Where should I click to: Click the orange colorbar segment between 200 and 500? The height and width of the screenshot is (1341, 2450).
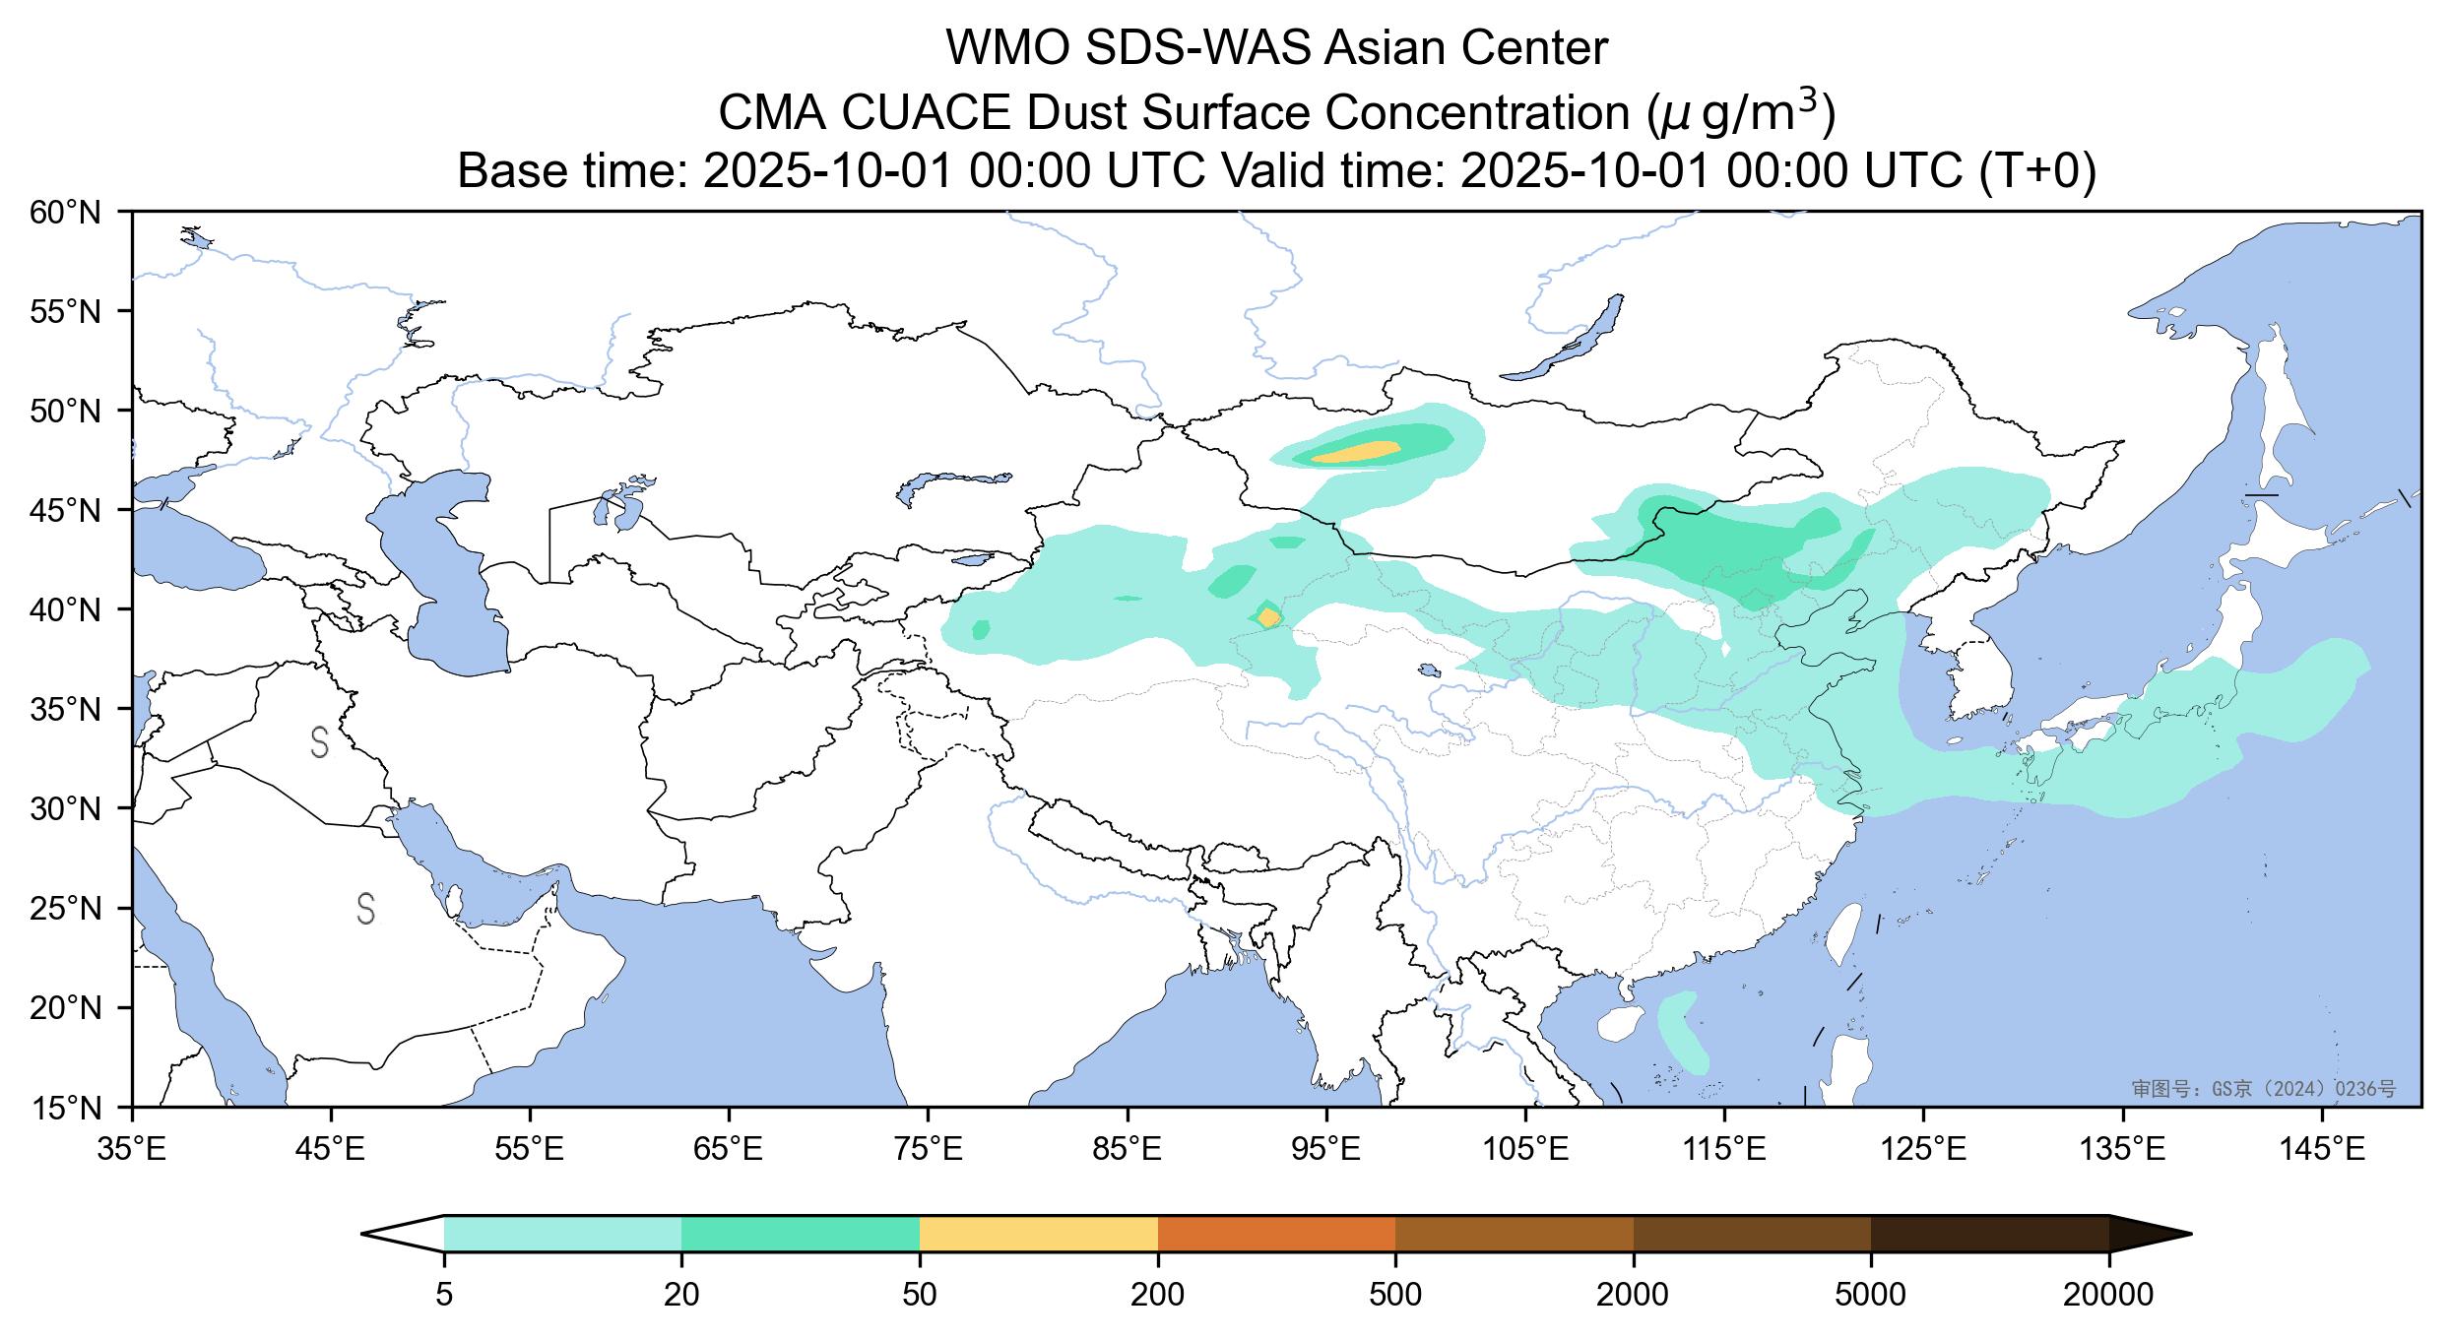point(1276,1234)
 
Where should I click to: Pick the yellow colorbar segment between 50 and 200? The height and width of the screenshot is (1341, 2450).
point(1038,1234)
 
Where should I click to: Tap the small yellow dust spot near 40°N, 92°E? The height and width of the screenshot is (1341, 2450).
point(1269,617)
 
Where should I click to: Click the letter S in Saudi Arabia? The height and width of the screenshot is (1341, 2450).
point(365,909)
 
